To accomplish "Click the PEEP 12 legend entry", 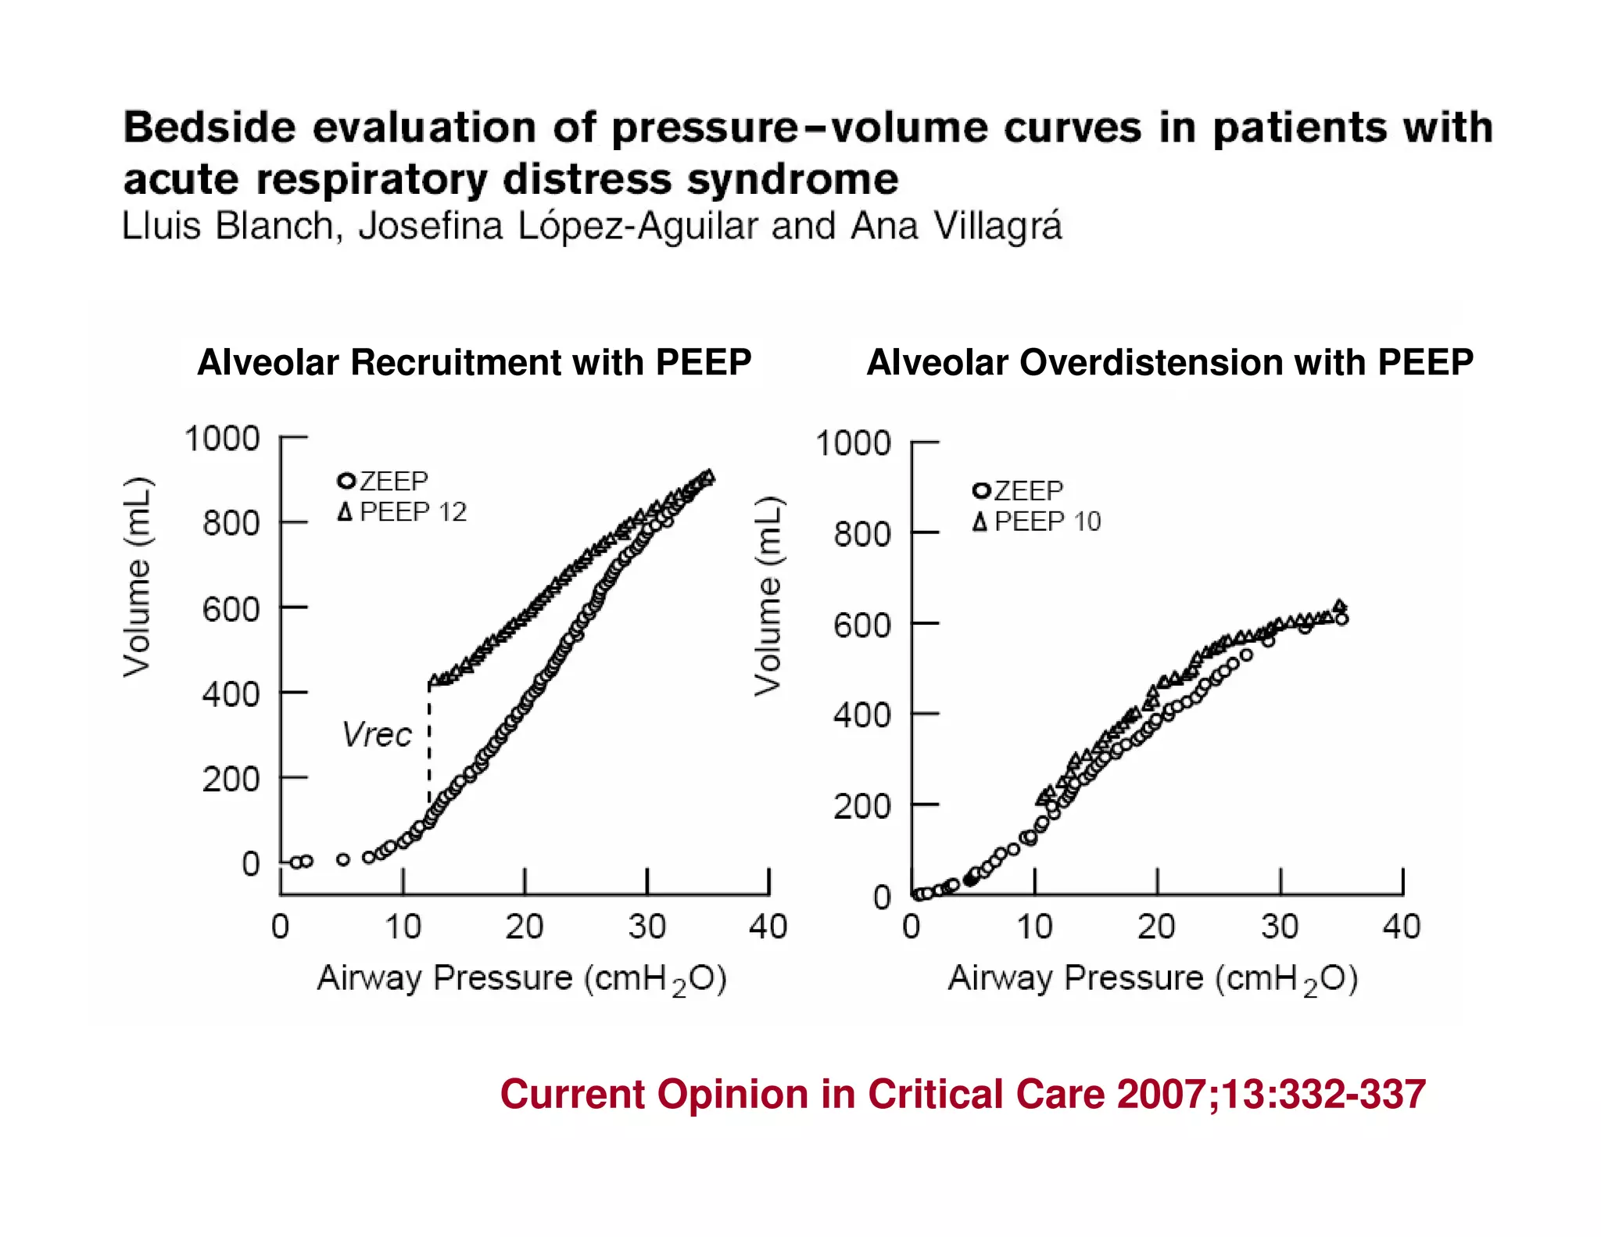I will pyautogui.click(x=403, y=512).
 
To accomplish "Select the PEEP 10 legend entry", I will pyautogui.click(x=1037, y=522).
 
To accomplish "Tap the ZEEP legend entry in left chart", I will pyautogui.click(x=384, y=480).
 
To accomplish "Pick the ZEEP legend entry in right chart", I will pyautogui.click(x=1019, y=491).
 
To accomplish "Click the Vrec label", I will pyautogui.click(x=377, y=735).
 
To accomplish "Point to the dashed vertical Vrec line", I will pyautogui.click(x=428, y=743).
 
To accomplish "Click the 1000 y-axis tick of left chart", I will pyautogui.click(x=221, y=439).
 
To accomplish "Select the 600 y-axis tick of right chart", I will pyautogui.click(x=861, y=626).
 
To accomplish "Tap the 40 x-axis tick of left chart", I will pyautogui.click(x=768, y=927).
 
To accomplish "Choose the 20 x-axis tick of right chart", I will pyautogui.click(x=1156, y=927).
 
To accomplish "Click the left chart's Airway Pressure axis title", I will pyautogui.click(x=521, y=979).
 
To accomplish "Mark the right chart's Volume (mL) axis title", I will pyautogui.click(x=768, y=596).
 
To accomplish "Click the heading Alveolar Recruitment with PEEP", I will pyautogui.click(x=474, y=362).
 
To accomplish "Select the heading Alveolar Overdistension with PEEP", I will pyautogui.click(x=1169, y=362).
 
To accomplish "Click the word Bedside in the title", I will pyautogui.click(x=210, y=127).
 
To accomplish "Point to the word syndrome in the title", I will pyautogui.click(x=793, y=179).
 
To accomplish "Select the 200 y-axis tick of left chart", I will pyautogui.click(x=231, y=780).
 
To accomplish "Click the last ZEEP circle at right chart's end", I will pyautogui.click(x=1341, y=619).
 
